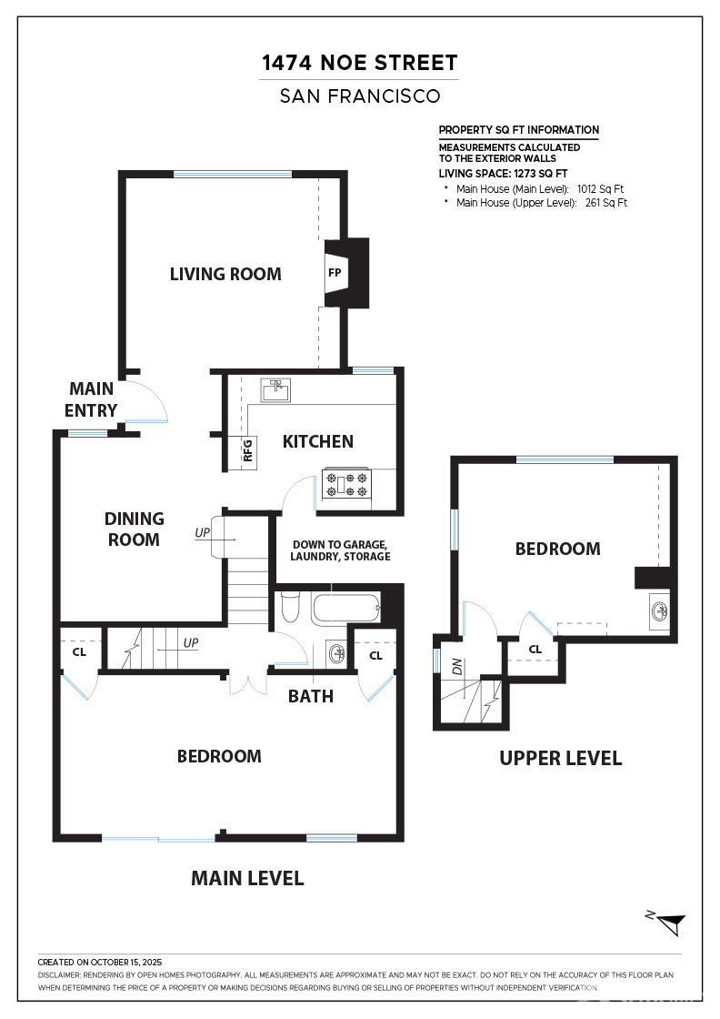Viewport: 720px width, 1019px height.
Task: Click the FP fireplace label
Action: click(335, 273)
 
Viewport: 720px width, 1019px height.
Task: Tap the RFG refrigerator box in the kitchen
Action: click(247, 450)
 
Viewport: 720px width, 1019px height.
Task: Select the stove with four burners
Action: click(346, 483)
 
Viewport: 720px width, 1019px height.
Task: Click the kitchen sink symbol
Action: click(276, 390)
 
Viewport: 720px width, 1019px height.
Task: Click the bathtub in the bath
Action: click(346, 607)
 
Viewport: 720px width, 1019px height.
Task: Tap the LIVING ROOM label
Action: click(225, 274)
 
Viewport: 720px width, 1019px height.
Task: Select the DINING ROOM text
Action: click(134, 529)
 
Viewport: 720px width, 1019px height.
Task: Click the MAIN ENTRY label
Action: click(91, 399)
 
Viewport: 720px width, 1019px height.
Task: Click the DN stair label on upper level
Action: click(457, 666)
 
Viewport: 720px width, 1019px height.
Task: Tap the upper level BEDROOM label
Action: click(557, 550)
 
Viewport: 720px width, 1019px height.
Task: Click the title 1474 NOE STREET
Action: click(360, 63)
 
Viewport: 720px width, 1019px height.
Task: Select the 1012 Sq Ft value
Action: click(600, 189)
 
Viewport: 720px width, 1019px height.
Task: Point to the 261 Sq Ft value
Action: click(605, 203)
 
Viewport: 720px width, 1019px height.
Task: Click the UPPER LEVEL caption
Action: click(560, 759)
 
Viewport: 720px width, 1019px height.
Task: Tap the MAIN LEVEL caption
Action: click(247, 879)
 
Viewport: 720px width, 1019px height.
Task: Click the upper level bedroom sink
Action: click(660, 611)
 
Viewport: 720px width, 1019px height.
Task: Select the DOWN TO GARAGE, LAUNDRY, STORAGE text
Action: click(340, 550)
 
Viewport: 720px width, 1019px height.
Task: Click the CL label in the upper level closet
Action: click(535, 650)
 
